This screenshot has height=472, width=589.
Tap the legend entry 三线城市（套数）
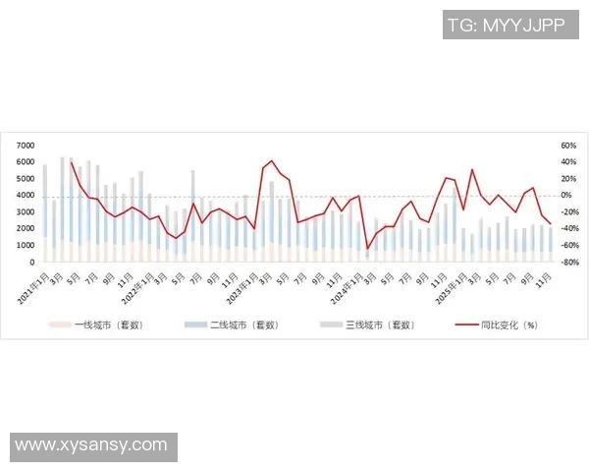click(x=365, y=323)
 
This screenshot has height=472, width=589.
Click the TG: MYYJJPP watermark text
click(x=506, y=25)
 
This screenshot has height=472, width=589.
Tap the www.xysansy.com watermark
click(x=91, y=445)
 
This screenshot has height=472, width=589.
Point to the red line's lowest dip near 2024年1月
click(x=367, y=249)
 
